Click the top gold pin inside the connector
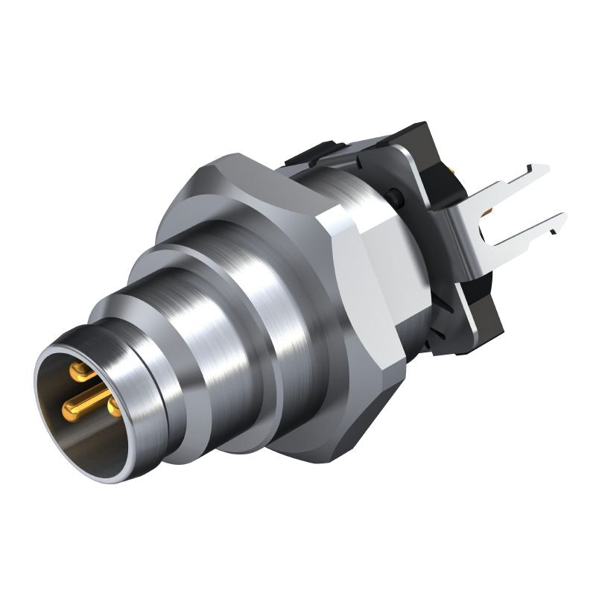[x=78, y=368]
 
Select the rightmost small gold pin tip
[x=114, y=408]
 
